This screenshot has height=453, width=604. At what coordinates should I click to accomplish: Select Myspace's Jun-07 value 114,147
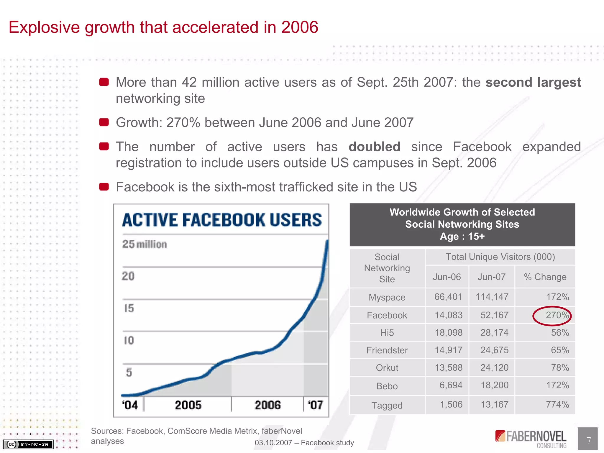[x=492, y=297]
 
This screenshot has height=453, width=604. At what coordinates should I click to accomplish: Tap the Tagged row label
[x=387, y=405]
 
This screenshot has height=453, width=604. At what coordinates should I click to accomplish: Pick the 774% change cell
[x=557, y=404]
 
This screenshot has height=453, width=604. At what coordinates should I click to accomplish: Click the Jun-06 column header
[x=447, y=277]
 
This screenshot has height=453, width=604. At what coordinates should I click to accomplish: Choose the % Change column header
[x=545, y=277]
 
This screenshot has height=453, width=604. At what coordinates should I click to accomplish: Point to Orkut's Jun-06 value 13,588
[x=449, y=367]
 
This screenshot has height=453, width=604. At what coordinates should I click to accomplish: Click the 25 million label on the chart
[x=145, y=244]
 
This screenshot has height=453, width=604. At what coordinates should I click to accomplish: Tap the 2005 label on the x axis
[x=188, y=405]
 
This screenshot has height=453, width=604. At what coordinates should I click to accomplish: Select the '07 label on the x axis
[x=315, y=405]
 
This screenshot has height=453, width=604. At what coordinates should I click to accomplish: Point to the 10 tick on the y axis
[x=129, y=340]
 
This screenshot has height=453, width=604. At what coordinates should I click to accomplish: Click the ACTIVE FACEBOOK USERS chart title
[x=222, y=220]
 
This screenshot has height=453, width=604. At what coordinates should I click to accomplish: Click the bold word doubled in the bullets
[x=374, y=147]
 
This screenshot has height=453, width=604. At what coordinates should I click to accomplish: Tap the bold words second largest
[x=533, y=82]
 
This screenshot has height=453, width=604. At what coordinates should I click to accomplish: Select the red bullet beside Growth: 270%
[x=104, y=122]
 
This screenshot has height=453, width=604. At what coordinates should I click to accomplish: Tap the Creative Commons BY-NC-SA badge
[x=28, y=444]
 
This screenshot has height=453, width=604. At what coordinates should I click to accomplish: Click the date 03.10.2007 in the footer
[x=273, y=443]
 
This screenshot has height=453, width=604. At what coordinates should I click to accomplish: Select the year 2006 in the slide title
[x=299, y=27]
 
